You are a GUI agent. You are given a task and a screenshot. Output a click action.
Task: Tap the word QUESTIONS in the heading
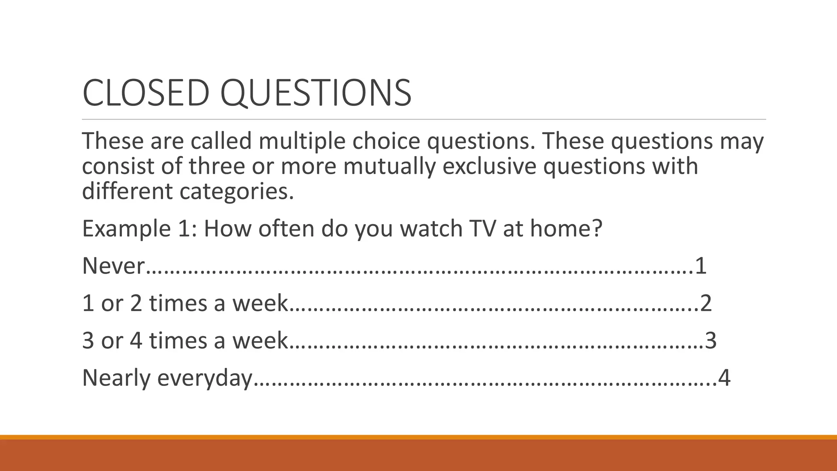[x=316, y=94]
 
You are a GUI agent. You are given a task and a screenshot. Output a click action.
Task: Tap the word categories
[x=237, y=192]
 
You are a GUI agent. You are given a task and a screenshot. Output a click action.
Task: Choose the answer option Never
[x=113, y=266]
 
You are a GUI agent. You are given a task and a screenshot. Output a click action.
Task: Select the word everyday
[x=205, y=378]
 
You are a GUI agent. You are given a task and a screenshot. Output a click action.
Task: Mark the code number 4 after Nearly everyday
[x=724, y=378]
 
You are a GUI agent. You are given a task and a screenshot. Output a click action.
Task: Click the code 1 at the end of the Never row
[x=700, y=266]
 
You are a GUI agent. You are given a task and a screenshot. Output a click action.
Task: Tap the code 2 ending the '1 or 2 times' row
[x=706, y=303]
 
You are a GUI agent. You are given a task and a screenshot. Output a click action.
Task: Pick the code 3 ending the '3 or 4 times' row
[x=711, y=341]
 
